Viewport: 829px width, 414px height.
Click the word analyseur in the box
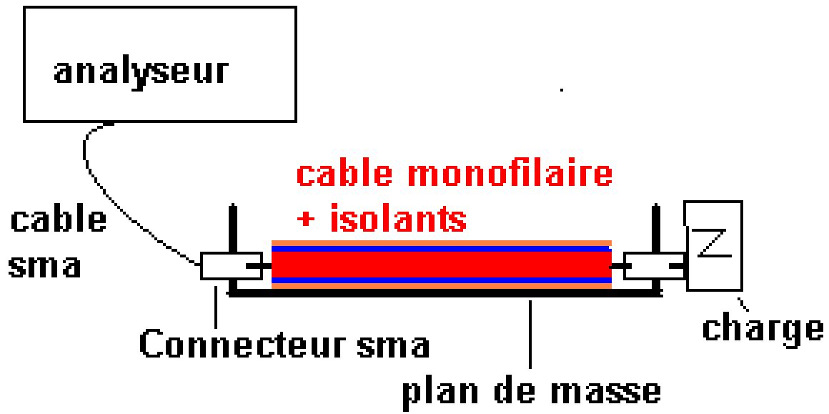142,72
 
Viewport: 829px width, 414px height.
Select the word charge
762,327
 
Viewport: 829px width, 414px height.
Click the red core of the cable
441,265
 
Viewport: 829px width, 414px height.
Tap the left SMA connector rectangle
224,266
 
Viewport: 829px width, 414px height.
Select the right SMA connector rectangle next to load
652,266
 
